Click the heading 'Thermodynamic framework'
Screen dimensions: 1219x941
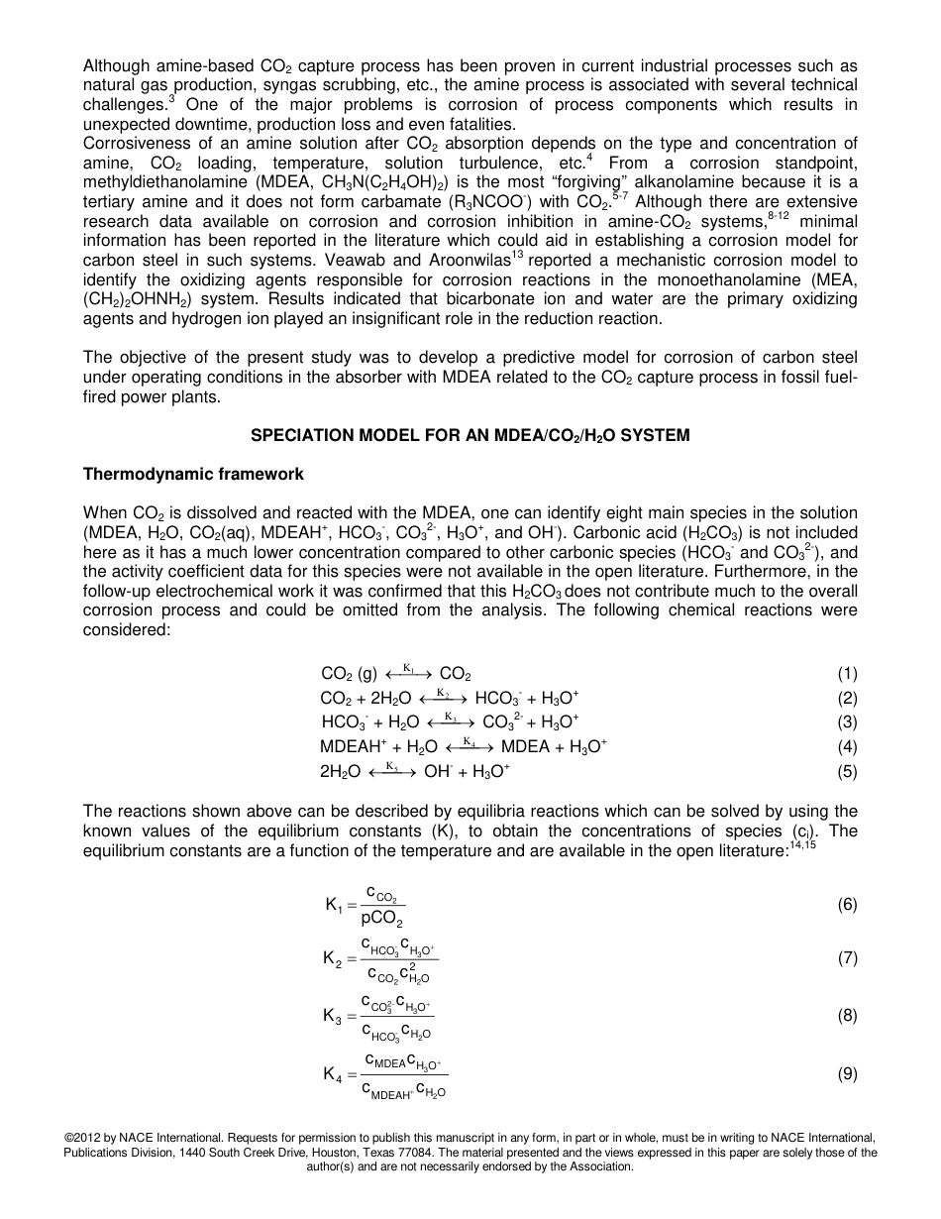pos(193,475)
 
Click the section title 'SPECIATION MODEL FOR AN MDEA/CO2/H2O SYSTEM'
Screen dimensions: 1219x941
pos(470,435)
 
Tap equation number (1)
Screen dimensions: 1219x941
pos(847,674)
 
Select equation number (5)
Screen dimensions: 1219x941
pos(847,770)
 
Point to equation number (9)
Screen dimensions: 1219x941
pos(847,1073)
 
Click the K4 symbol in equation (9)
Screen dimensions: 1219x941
pos(335,1074)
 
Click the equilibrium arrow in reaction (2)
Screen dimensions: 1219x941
pos(444,698)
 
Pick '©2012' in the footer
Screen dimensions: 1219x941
pos(83,1138)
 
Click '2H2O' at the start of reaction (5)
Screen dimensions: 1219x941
pos(340,771)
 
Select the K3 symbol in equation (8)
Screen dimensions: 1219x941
pos(335,1016)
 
